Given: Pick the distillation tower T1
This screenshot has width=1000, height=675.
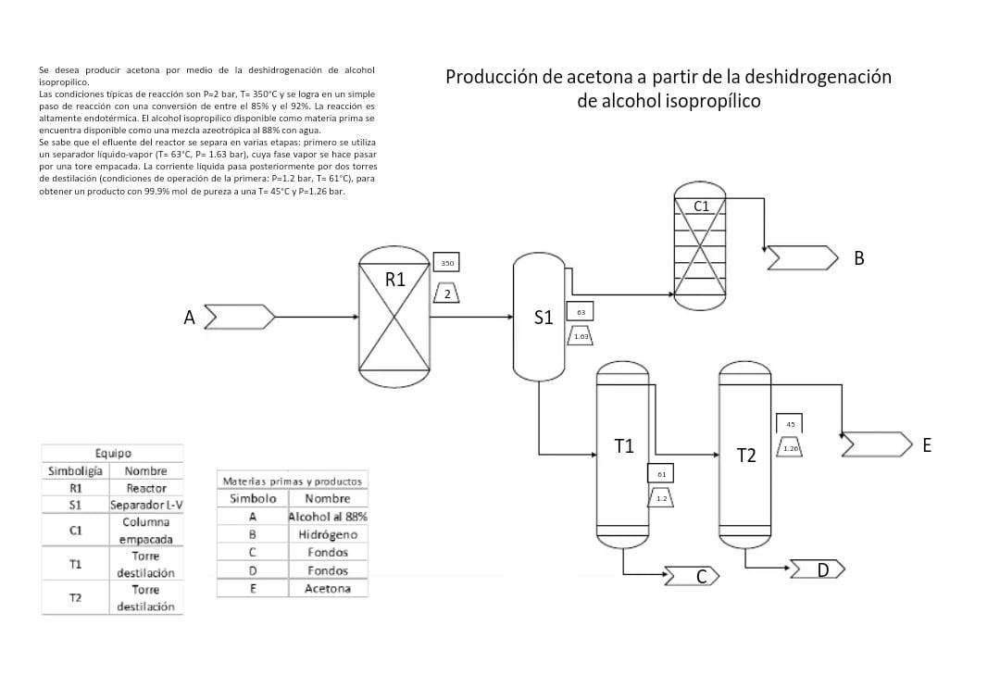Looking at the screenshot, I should point(622,454).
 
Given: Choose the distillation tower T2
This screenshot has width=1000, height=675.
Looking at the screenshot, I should point(744,454).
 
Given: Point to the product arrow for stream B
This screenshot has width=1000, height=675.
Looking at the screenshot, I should point(802,258).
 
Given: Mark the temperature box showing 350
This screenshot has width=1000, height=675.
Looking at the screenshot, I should point(446,263).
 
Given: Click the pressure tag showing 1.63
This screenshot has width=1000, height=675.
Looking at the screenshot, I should point(581,336).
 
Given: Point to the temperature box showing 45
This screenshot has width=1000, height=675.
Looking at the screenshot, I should point(789,424).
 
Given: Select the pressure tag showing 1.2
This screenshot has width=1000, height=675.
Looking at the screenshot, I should point(661,498).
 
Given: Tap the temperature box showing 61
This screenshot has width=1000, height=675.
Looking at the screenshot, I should point(661,473).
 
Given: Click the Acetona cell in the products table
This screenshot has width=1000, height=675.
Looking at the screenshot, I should point(328,588).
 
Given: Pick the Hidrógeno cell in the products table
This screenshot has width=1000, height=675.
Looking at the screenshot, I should point(328,534).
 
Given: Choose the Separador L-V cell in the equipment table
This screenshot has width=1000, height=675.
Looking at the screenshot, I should point(146,505).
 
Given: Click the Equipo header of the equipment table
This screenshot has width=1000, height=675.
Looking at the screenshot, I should point(113,454).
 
